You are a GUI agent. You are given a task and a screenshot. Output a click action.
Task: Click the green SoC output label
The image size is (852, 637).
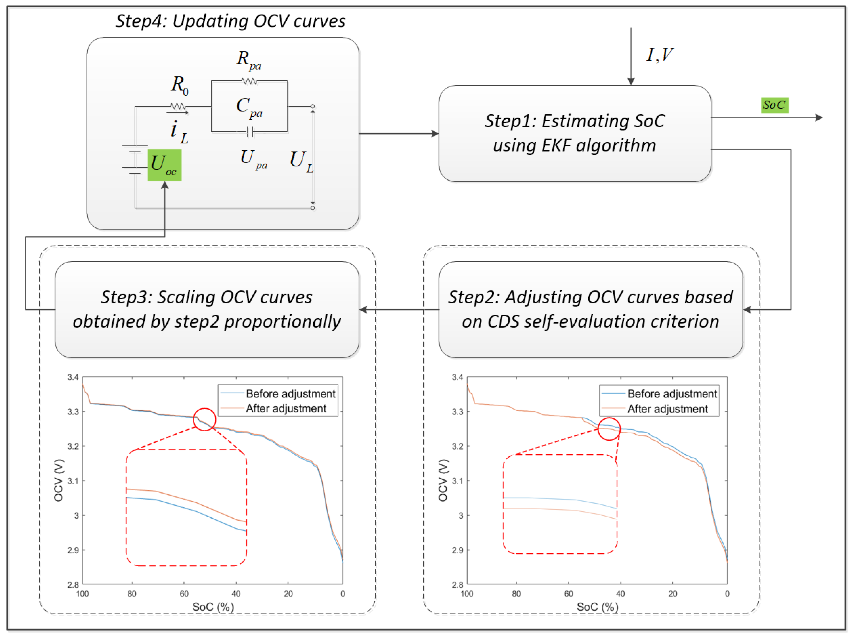click(774, 105)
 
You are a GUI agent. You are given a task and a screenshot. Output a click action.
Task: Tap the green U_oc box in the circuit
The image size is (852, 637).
click(165, 165)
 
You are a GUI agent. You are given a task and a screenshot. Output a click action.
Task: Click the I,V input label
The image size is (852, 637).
click(660, 55)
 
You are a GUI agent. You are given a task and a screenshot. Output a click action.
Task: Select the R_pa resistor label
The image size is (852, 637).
click(249, 60)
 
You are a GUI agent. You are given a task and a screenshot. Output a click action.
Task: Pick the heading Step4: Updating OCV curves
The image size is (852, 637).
click(230, 21)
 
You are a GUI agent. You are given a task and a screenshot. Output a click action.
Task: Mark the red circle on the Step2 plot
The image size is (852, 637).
click(609, 429)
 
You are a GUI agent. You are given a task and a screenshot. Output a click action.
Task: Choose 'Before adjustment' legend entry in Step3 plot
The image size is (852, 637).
click(290, 394)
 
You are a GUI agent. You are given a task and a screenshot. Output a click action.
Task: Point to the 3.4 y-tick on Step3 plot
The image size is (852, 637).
click(73, 377)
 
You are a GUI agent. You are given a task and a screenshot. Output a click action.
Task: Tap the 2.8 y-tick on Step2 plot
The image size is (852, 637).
click(457, 585)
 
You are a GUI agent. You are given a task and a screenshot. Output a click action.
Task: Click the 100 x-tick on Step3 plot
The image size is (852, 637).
click(82, 594)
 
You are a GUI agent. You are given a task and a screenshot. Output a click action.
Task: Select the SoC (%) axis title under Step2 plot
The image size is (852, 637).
click(597, 607)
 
